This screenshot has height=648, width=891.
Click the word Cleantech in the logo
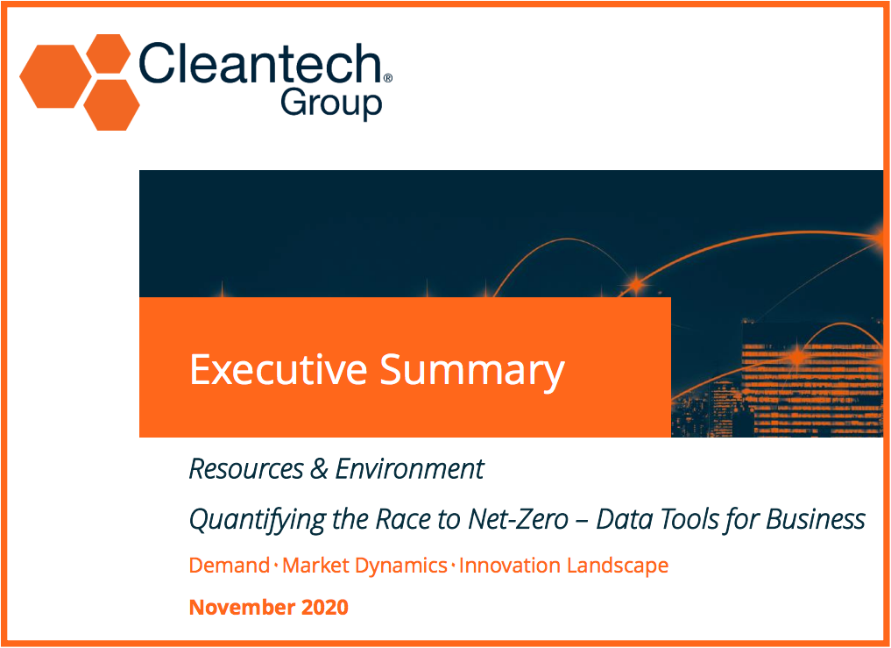[259, 64]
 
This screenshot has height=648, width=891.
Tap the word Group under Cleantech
[331, 104]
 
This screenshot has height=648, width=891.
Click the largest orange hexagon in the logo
[56, 76]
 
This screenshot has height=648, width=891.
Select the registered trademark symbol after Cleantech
[388, 78]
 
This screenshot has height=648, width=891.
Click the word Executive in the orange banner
[279, 370]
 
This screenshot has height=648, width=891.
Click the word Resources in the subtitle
[246, 469]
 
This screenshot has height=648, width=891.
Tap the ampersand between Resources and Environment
[320, 469]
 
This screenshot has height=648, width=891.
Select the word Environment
[409, 469]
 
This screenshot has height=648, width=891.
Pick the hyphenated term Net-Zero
[518, 519]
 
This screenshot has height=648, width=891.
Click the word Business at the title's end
[816, 519]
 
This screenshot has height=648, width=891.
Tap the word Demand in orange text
[229, 566]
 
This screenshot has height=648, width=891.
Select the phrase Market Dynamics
[364, 566]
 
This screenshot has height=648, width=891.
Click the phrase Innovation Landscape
[563, 566]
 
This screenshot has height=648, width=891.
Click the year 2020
[324, 607]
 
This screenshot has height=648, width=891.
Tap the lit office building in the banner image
[811, 378]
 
